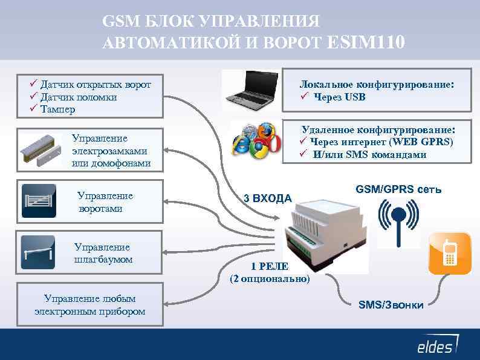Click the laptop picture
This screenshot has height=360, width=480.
coord(250,90)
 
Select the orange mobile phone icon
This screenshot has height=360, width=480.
coord(450,253)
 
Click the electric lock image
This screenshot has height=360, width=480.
coord(41,149)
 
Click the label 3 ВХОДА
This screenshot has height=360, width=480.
coord(267,198)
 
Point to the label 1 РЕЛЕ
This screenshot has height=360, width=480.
coord(270,267)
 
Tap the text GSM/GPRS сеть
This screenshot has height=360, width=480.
coord(398,189)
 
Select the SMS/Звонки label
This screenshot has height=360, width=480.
coord(391,304)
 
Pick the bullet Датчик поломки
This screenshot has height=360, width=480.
coord(79,97)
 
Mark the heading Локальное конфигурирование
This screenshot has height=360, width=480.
coord(377,85)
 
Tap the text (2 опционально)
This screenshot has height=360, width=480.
coord(270,279)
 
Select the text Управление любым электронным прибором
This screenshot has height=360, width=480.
coord(90,305)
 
